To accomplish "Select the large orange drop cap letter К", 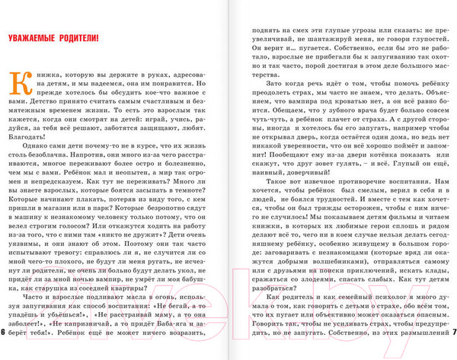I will [16, 81].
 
